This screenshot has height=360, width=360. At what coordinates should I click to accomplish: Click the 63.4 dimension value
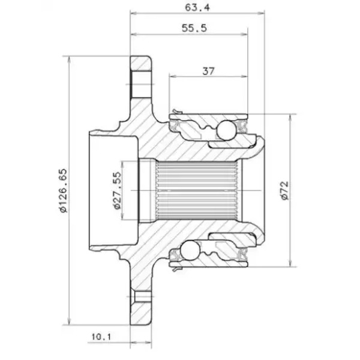click(x=197, y=8)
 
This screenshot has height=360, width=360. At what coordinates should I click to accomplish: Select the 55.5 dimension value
click(x=194, y=28)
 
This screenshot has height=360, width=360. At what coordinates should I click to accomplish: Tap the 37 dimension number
click(x=208, y=71)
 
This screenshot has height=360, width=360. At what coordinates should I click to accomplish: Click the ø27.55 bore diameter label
click(x=117, y=191)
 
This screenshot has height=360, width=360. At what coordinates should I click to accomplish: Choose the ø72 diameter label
click(x=284, y=190)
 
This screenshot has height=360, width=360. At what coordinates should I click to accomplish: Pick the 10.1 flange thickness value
click(x=101, y=337)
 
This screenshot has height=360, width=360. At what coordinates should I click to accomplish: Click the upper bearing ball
click(x=226, y=130)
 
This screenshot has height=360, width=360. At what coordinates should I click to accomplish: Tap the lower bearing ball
click(x=190, y=250)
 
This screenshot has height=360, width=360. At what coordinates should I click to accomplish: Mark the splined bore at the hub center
click(x=197, y=191)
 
